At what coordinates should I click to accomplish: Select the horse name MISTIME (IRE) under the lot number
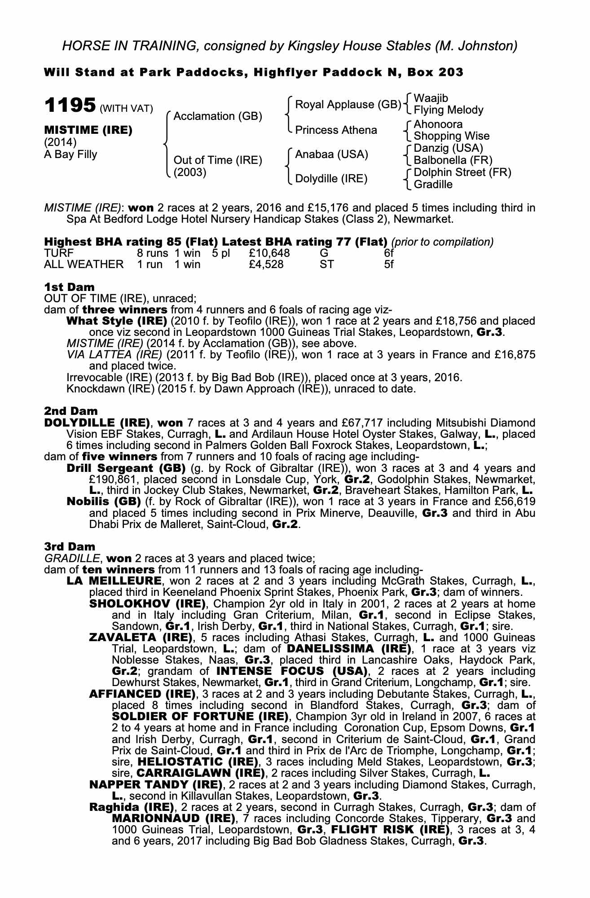[x=88, y=130]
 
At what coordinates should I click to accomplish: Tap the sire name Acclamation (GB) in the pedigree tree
[x=218, y=116]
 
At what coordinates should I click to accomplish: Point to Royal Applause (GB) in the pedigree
[x=348, y=105]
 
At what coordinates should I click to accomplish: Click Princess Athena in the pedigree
[x=336, y=130]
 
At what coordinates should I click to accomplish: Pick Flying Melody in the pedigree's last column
[x=448, y=110]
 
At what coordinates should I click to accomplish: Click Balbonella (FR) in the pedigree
[x=453, y=160]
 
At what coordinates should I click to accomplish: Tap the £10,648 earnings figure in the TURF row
[x=269, y=253]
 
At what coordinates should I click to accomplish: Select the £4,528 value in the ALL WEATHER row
[x=266, y=264]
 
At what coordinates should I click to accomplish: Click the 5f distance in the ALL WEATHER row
[x=389, y=264]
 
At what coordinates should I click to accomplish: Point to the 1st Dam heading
[x=69, y=287]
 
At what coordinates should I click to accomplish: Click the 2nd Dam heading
[x=70, y=411]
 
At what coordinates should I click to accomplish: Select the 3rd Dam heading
[x=70, y=546]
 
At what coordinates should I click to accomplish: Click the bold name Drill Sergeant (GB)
[x=126, y=468]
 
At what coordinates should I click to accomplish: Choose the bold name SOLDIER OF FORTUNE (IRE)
[x=200, y=716]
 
